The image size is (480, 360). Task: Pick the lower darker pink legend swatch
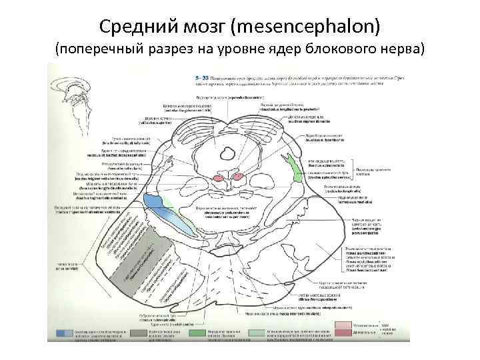click(x=343, y=333)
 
